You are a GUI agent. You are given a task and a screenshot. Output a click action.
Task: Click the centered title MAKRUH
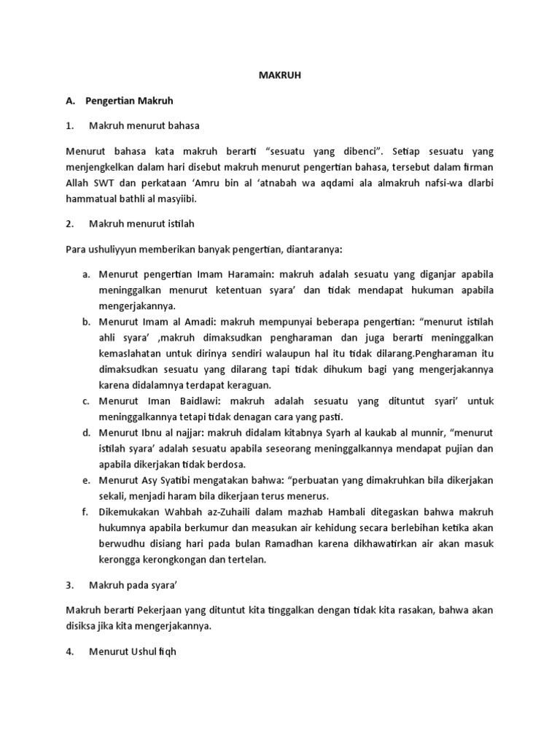coord(279,75)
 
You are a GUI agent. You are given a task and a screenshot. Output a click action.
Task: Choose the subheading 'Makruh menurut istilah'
coord(141,224)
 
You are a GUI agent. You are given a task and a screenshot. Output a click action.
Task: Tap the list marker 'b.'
coord(86,320)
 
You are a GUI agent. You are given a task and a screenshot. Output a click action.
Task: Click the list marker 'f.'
coord(86,514)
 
